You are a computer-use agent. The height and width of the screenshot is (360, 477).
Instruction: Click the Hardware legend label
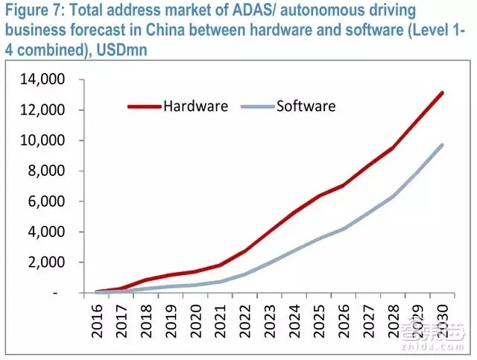click(196, 105)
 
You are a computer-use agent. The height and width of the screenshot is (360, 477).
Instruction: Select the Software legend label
click(306, 105)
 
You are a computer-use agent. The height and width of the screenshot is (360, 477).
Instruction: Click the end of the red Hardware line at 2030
click(442, 93)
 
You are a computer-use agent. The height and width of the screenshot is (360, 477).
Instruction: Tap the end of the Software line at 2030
click(442, 145)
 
